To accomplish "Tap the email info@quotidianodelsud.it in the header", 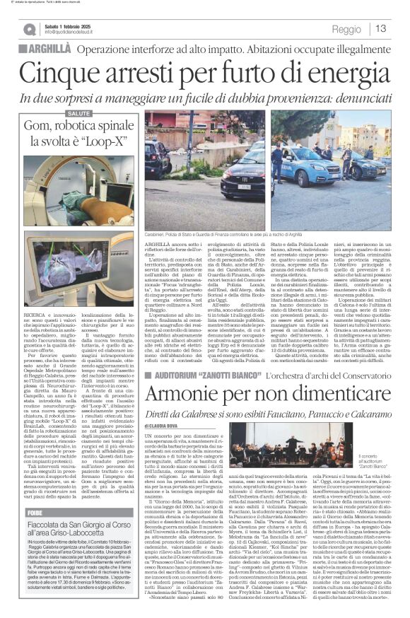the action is (74, 32).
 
